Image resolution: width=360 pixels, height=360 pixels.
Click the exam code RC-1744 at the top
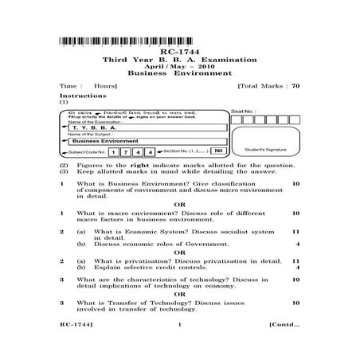tap(180, 52)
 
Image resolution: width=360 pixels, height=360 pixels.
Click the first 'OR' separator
tap(180, 203)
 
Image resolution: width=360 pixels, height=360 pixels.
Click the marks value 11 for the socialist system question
tap(295, 230)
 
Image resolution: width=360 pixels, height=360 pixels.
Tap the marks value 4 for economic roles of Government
tap(297, 244)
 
